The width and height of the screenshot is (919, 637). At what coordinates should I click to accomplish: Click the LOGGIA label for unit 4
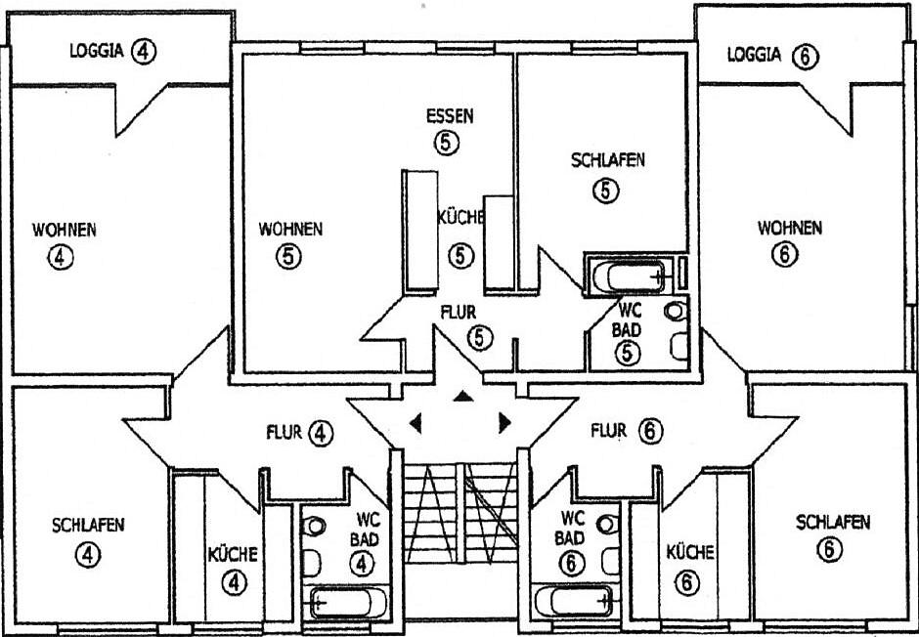(95, 52)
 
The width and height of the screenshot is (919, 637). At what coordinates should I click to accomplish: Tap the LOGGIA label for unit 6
(754, 56)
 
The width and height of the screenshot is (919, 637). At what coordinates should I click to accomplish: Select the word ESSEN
(450, 116)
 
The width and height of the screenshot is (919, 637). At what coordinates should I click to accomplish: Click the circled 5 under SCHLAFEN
(607, 190)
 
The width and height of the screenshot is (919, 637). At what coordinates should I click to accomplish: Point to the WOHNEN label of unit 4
(65, 231)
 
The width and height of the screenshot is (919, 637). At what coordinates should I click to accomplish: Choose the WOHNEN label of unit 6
(790, 229)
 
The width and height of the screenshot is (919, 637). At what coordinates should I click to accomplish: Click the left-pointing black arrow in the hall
(416, 423)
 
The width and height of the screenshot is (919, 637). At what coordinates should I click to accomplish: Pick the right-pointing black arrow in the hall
(504, 422)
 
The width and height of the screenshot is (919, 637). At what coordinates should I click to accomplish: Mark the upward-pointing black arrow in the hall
(461, 396)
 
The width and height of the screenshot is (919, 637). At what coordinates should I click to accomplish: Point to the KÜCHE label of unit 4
(233, 554)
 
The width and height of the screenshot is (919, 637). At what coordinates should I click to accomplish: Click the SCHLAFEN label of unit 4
(88, 525)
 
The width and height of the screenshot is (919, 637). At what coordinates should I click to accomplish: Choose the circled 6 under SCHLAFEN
(831, 549)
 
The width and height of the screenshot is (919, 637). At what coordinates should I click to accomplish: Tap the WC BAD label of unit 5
(626, 320)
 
